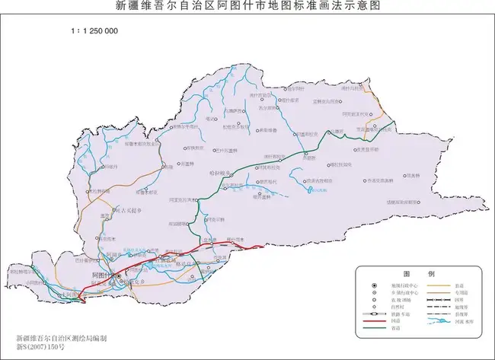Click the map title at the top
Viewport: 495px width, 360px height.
247,6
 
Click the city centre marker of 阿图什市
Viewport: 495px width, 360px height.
107,279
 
